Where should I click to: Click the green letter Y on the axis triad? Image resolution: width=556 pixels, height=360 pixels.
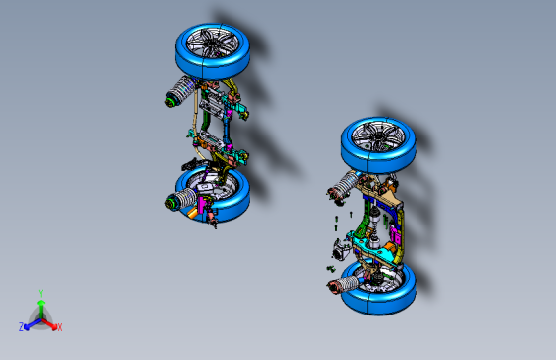click(x=40, y=293)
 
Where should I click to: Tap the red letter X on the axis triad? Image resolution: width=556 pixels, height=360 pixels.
click(x=59, y=326)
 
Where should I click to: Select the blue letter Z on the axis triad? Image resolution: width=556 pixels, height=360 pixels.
click(x=21, y=326)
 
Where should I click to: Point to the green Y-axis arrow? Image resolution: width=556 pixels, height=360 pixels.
click(x=40, y=306)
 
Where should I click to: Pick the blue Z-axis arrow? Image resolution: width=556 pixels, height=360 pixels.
click(x=30, y=322)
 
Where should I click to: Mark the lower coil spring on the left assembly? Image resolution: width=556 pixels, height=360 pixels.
click(x=183, y=202)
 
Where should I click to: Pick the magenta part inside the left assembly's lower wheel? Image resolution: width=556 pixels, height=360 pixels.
click(x=206, y=205)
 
